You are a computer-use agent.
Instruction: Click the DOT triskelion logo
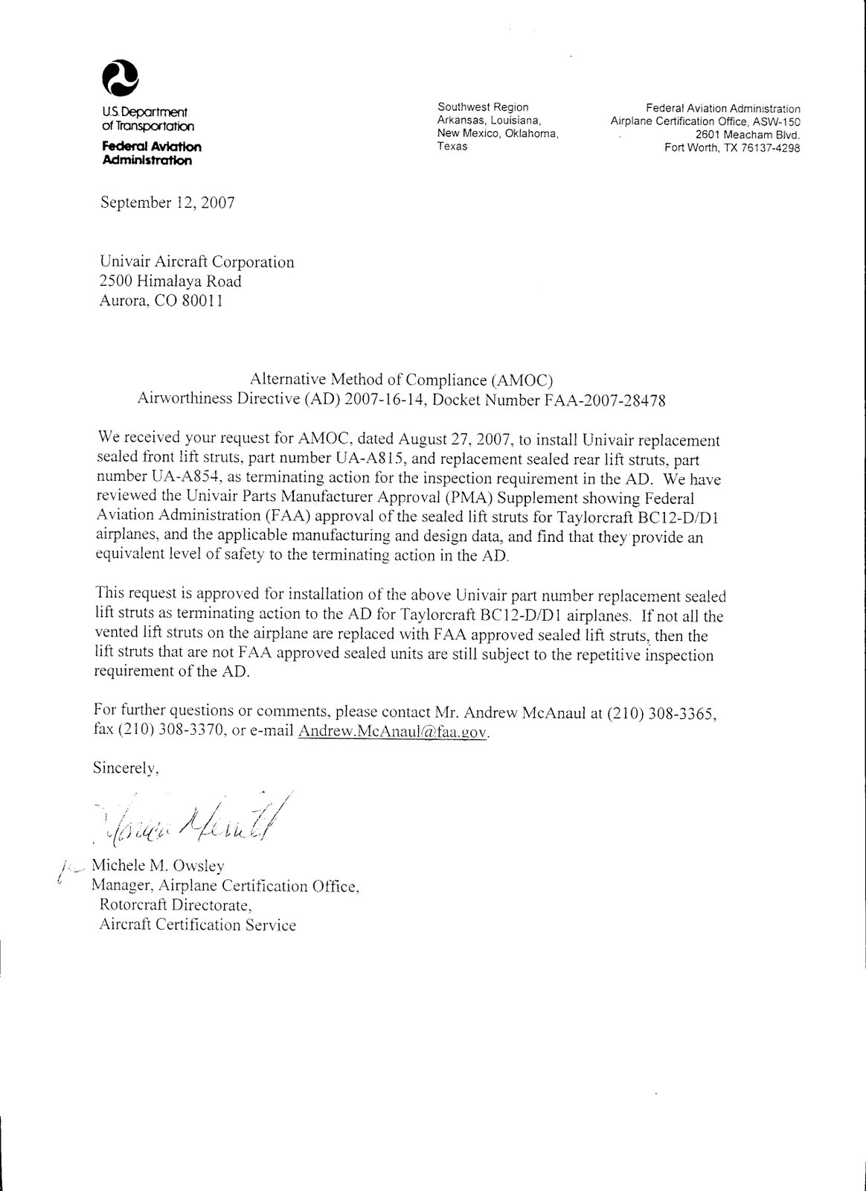coord(121,78)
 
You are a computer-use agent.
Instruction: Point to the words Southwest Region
coord(483,107)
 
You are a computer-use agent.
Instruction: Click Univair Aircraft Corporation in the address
coord(196,262)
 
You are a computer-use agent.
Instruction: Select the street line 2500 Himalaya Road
coord(170,281)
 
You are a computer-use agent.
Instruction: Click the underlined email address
coord(392,732)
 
